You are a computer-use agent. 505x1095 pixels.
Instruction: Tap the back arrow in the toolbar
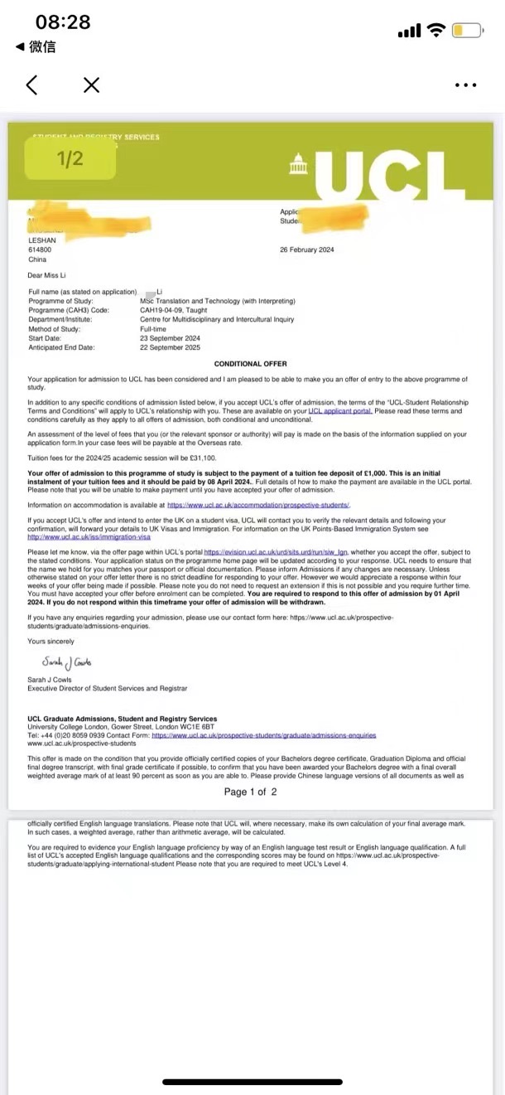(x=31, y=85)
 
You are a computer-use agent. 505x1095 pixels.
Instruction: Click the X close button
(x=91, y=85)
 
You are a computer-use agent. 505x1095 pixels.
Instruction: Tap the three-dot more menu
(x=466, y=85)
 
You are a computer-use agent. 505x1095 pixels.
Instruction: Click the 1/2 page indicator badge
(x=70, y=158)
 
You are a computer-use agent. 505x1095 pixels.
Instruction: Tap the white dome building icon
(x=298, y=163)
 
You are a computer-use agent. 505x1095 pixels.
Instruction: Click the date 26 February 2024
(x=307, y=250)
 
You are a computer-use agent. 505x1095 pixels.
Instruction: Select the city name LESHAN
(x=42, y=240)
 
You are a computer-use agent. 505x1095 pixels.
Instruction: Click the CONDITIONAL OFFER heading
(x=251, y=364)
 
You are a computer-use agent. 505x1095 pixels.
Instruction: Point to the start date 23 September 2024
(x=173, y=338)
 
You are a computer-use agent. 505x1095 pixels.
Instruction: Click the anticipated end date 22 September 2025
(x=173, y=347)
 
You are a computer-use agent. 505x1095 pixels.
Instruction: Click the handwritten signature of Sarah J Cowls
(x=67, y=661)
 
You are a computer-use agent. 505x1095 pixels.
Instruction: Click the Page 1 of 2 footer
(x=250, y=792)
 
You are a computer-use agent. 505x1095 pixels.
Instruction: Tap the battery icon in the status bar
(x=467, y=31)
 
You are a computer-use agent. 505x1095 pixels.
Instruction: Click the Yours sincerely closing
(x=50, y=642)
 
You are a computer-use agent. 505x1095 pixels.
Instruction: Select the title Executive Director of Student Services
(x=108, y=689)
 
